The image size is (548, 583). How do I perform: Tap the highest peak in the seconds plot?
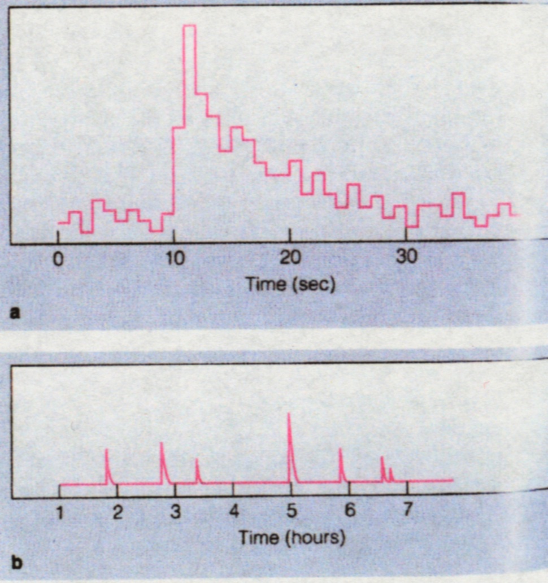click(189, 26)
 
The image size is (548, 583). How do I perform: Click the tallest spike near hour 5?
click(289, 415)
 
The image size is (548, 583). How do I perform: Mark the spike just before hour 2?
click(106, 450)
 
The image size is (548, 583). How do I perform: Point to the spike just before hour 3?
click(162, 443)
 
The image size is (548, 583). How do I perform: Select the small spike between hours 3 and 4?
click(197, 460)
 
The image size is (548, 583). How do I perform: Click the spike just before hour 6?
click(340, 450)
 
